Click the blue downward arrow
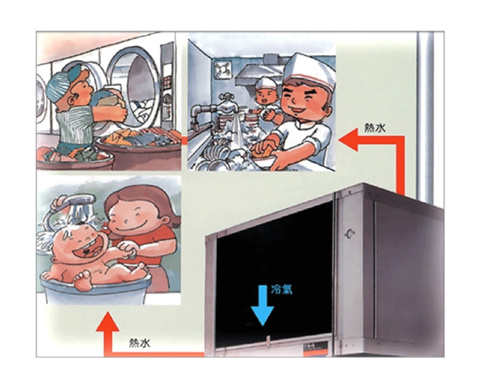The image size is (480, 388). coord(262,305)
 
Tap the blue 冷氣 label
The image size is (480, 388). coord(281,290)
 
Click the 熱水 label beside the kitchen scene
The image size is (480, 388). coord(375,128)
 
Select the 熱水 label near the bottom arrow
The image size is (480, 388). coord(140,343)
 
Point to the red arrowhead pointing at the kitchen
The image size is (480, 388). coord(349,140)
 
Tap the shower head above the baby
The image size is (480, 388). coord(77,203)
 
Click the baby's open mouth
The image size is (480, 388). coord(87,249)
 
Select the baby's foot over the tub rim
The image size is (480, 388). coord(83,280)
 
